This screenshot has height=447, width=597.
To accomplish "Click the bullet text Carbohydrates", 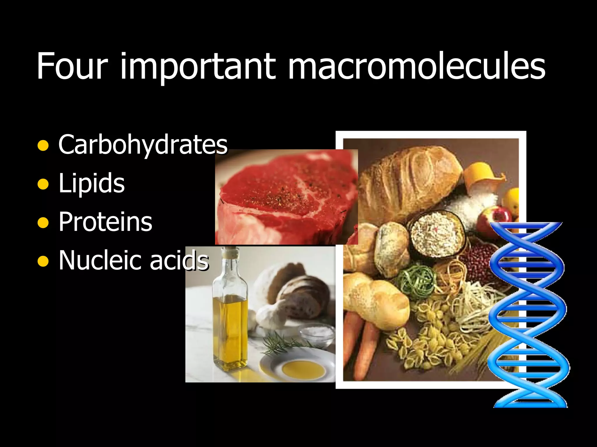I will pyautogui.click(x=143, y=145).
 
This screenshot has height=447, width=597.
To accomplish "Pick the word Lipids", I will pyautogui.click(x=92, y=183).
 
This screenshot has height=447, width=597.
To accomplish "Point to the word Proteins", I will pyautogui.click(x=105, y=222).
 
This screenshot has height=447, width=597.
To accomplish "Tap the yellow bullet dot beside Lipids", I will pyautogui.click(x=43, y=184).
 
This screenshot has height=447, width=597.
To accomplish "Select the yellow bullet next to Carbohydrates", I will pyautogui.click(x=43, y=146).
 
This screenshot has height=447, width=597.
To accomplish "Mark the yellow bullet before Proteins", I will pyautogui.click(x=43, y=223).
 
